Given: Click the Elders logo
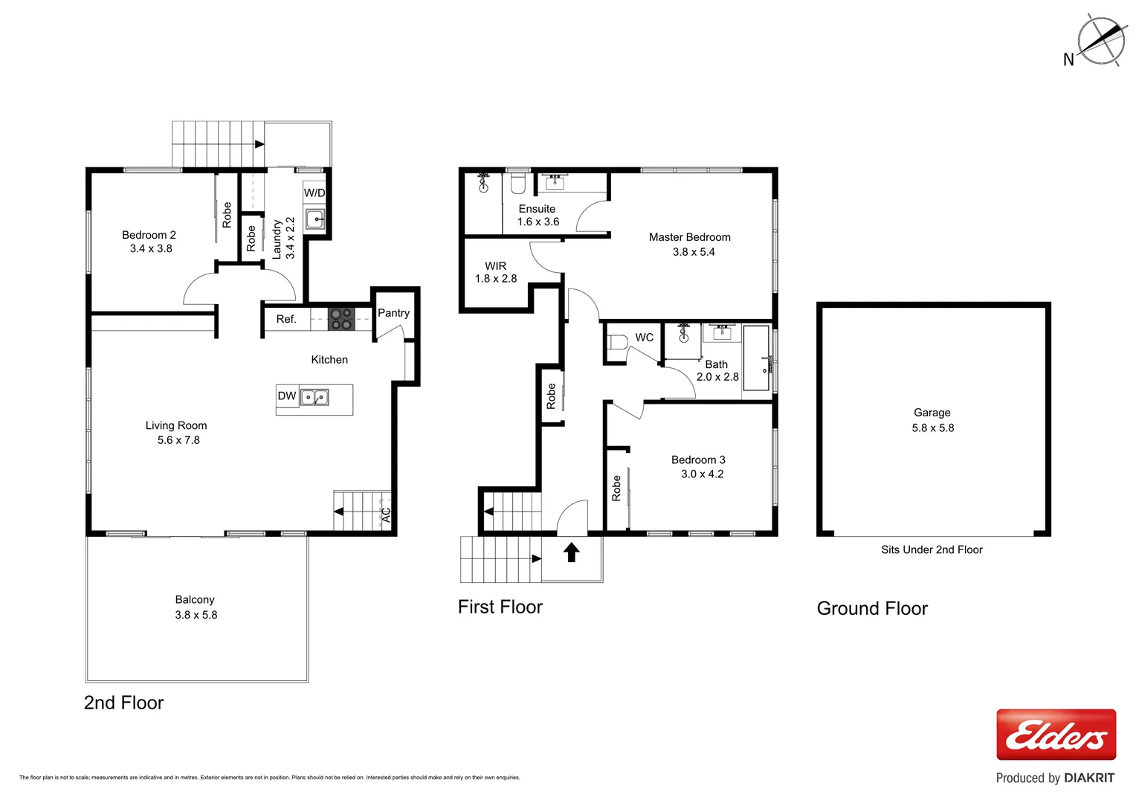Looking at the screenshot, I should coord(1056,735).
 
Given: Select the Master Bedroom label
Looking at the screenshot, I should coord(689,237).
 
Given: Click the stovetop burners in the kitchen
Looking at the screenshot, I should coord(341,319).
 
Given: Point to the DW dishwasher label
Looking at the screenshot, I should coord(287,396).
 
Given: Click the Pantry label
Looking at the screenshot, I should coord(393,313).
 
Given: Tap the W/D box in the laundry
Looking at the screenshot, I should coord(314,193).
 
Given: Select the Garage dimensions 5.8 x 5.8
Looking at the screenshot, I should coord(932,428).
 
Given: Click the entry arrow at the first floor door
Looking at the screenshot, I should coord(571,552).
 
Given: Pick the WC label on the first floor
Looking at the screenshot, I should coord(644,338).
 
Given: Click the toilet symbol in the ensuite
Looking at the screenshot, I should coord(518,182).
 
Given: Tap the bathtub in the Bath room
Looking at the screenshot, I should coord(757,358).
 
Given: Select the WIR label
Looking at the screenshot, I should coord(495,266).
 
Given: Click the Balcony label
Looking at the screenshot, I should coord(195,599).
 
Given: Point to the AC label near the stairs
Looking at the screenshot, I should coord(386,514).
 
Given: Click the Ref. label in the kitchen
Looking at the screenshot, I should coord(286,319).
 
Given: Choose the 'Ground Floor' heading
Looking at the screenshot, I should coord(872,608).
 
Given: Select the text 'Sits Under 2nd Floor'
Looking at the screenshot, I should coord(932,549).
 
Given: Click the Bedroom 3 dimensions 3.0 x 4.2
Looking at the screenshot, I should coord(702,474).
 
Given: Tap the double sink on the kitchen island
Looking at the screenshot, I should coord(314,397).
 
